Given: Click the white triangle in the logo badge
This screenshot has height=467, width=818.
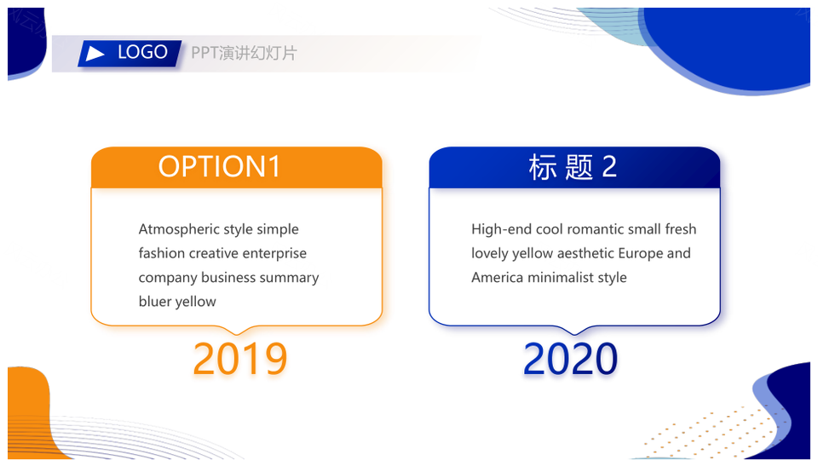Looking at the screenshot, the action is point(95,53).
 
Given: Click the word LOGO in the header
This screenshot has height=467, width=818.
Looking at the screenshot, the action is point(142,52).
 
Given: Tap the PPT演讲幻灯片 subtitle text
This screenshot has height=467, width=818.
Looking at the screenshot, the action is point(244,53).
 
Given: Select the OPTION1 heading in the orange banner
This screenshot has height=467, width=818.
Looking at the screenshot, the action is point(219,166).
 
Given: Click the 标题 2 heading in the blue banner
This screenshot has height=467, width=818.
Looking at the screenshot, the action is point(573,167).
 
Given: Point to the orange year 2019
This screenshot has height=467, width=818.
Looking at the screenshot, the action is point(240,359).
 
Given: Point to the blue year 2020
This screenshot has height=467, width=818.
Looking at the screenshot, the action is point(570,359).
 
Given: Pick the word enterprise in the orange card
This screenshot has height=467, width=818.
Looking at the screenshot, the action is point(274,254).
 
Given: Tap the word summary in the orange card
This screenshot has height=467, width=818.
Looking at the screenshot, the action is point(289,278).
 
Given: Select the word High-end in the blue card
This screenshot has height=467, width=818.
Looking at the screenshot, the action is point(502,229).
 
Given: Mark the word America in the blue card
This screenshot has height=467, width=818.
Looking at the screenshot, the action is point(497,277).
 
